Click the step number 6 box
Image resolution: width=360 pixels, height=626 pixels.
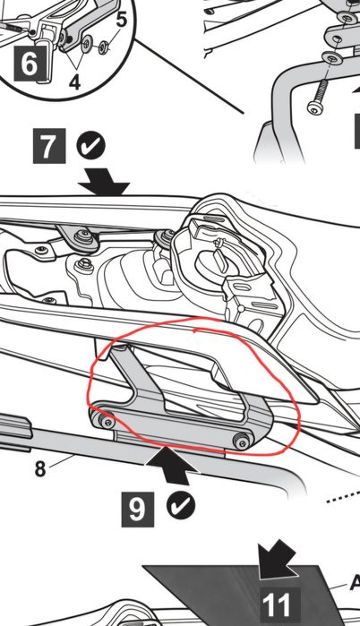tap(29, 64)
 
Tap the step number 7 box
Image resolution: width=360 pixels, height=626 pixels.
tap(49, 146)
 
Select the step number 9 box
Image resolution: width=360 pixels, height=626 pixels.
tap(138, 510)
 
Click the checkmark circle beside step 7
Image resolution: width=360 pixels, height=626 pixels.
tap(91, 146)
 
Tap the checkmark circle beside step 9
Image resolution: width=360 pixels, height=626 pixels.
tap(181, 505)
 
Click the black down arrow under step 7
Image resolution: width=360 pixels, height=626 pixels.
tap(103, 182)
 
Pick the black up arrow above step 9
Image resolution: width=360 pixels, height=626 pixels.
tap(173, 466)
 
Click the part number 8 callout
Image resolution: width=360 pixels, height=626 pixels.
tap(40, 468)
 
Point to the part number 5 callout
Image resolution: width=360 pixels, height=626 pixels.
tap(121, 19)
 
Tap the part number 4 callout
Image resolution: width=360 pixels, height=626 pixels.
tap(74, 81)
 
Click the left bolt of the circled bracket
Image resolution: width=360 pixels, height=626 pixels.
tap(107, 422)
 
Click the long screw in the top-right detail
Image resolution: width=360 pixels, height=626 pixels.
tap(319, 96)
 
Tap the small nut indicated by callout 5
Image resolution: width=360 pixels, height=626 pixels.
tap(104, 47)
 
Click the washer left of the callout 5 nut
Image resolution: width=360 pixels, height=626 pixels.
tap(87, 44)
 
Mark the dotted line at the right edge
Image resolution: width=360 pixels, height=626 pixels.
tap(343, 496)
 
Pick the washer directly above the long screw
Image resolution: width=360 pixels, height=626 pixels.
tap(331, 58)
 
